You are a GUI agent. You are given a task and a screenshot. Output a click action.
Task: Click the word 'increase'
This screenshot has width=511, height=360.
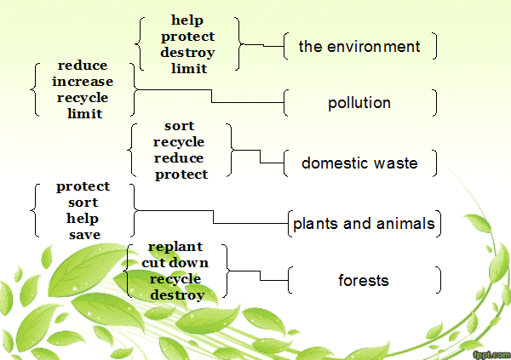[x=83, y=82]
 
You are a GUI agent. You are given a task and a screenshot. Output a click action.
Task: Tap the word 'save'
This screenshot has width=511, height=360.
[x=84, y=235]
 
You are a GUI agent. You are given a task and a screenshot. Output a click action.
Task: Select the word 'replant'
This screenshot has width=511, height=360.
[x=175, y=248]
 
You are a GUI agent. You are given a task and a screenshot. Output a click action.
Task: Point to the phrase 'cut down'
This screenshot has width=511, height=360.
[x=175, y=263]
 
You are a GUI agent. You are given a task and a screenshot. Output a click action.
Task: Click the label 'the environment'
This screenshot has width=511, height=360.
[x=359, y=46]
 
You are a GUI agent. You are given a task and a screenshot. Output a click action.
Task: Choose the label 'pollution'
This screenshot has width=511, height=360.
[x=359, y=103]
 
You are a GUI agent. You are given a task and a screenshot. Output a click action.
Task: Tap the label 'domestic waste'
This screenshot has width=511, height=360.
[x=359, y=163]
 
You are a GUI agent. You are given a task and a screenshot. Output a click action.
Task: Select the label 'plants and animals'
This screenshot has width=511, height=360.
[x=364, y=224]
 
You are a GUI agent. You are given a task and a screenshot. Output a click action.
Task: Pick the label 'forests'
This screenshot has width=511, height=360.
[x=364, y=281]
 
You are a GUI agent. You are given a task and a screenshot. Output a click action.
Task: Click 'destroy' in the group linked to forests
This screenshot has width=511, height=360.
[x=177, y=295]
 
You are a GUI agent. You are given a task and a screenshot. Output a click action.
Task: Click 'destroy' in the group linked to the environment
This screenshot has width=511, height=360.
[x=187, y=53]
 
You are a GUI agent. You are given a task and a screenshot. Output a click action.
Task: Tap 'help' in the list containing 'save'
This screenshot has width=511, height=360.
[x=83, y=219]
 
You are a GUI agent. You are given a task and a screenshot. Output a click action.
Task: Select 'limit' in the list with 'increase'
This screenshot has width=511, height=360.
[x=84, y=114]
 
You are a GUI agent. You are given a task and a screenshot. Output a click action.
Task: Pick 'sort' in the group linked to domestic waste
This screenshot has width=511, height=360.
[x=179, y=126]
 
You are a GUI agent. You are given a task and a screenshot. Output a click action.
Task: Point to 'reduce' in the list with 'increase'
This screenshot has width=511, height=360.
[x=83, y=66]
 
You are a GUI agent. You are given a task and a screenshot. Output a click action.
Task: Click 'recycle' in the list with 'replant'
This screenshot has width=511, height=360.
[x=175, y=279]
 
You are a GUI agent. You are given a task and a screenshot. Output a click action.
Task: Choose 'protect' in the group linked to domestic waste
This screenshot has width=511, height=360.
[x=181, y=174]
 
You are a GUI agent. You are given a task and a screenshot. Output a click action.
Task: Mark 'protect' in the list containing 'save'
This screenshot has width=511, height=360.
[x=83, y=186]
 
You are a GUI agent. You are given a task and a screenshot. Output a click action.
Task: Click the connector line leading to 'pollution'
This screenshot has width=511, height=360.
[x=211, y=96]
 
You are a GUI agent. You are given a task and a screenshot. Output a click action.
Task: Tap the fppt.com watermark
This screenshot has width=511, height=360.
[x=492, y=354]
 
